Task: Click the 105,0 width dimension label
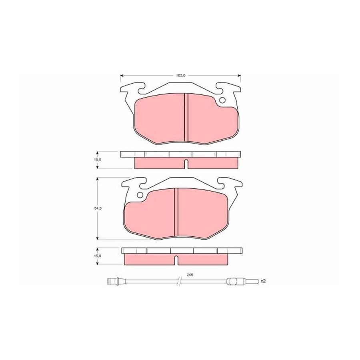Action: (180, 75)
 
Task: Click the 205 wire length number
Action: (189, 274)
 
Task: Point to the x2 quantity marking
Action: (263, 281)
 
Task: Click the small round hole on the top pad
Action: (222, 100)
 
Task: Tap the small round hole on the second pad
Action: (140, 195)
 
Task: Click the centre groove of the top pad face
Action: (186, 117)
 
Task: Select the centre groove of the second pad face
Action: (176, 212)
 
